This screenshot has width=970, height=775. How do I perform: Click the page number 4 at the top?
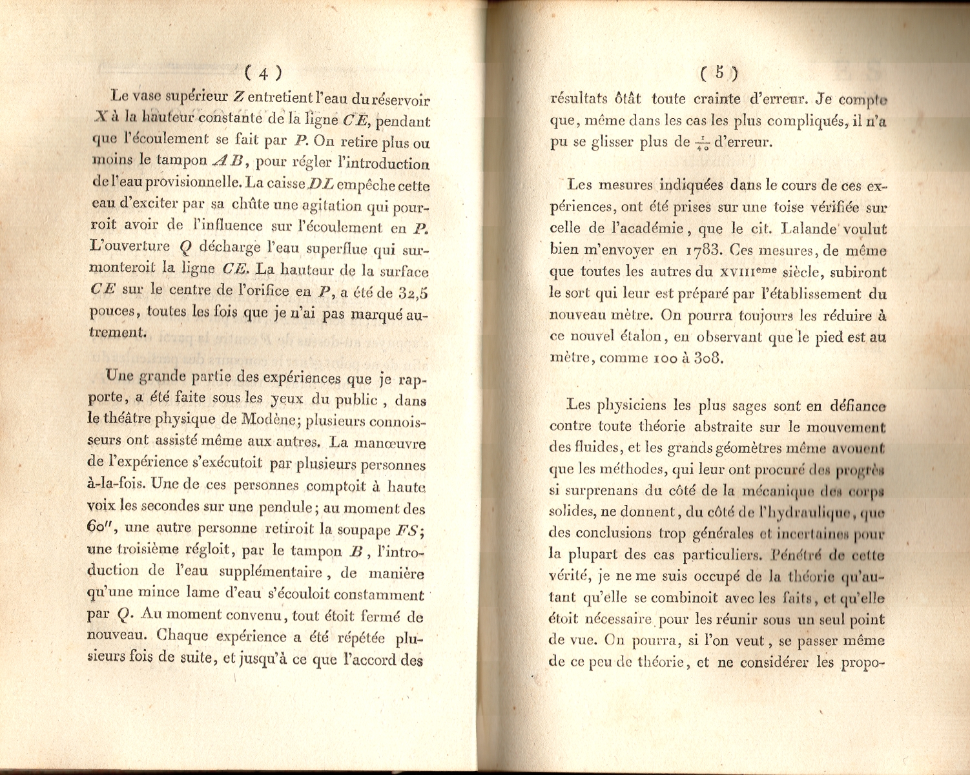pyautogui.click(x=263, y=72)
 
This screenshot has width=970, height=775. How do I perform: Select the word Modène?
pyautogui.click(x=268, y=420)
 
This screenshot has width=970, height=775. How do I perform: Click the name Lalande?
pyautogui.click(x=809, y=229)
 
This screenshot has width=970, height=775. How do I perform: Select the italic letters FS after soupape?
pyautogui.click(x=408, y=530)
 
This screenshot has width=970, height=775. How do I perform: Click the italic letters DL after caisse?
pyautogui.click(x=321, y=185)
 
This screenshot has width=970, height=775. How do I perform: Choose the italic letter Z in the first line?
pyautogui.click(x=238, y=97)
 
